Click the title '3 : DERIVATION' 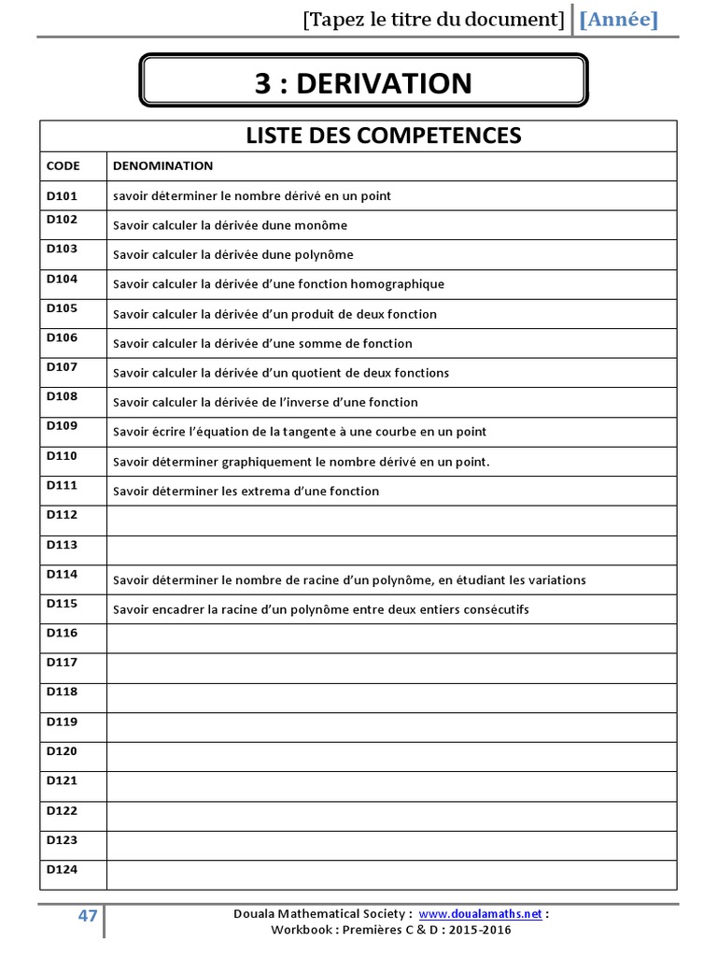click(363, 83)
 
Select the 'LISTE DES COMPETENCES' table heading click(383, 136)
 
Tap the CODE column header click(63, 165)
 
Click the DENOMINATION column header click(162, 165)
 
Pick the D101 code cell click(63, 195)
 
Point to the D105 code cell click(63, 307)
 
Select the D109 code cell click(63, 426)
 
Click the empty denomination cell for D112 click(390, 521)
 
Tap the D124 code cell click(63, 869)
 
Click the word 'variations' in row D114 click(556, 580)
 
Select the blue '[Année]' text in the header click(619, 20)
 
